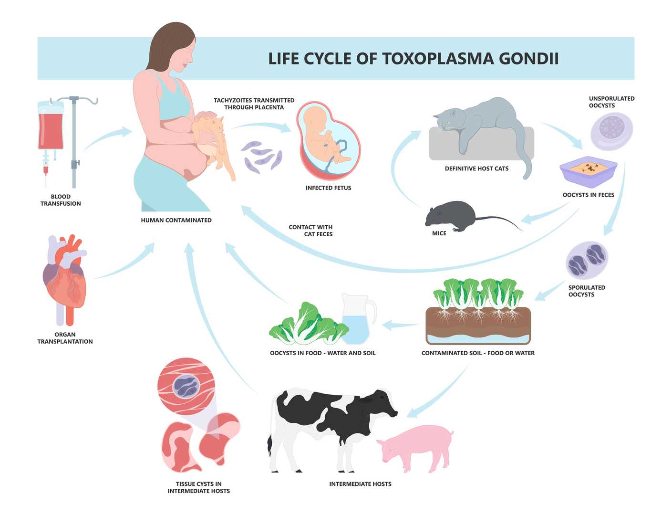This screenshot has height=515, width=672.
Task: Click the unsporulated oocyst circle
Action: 611,131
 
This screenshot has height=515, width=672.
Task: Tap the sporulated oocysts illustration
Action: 587,260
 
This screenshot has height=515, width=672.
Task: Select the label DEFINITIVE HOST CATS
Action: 476,168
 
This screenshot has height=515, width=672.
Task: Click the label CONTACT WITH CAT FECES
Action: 311,231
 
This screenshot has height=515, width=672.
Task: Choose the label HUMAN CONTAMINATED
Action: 176,220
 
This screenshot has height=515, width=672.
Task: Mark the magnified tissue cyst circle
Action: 186,386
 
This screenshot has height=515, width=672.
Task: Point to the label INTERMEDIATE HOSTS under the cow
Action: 360,484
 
